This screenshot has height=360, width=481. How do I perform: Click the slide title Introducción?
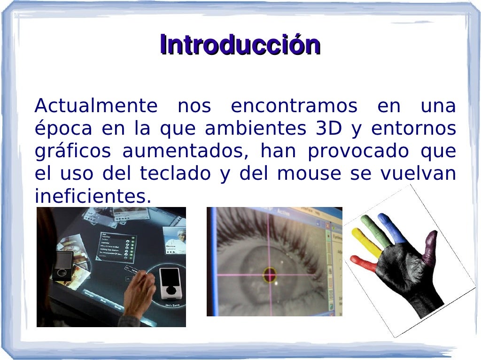(x=240, y=45)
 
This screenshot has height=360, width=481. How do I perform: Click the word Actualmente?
(x=96, y=106)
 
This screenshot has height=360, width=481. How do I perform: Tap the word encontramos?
(x=294, y=106)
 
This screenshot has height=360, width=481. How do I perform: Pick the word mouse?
(x=309, y=174)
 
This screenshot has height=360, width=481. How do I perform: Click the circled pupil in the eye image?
(x=270, y=274)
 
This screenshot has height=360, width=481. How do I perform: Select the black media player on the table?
(x=62, y=265)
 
